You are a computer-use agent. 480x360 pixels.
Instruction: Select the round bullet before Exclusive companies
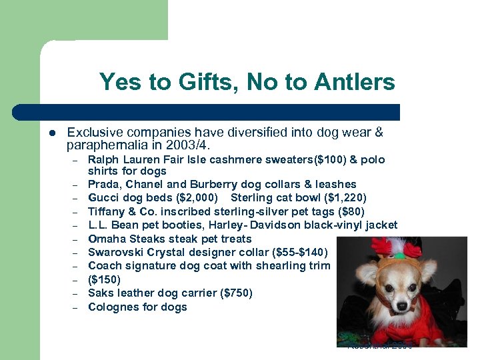pos(51,133)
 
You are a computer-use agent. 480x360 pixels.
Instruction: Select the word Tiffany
pos(107,211)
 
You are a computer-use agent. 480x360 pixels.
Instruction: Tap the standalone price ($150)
pos(105,280)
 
